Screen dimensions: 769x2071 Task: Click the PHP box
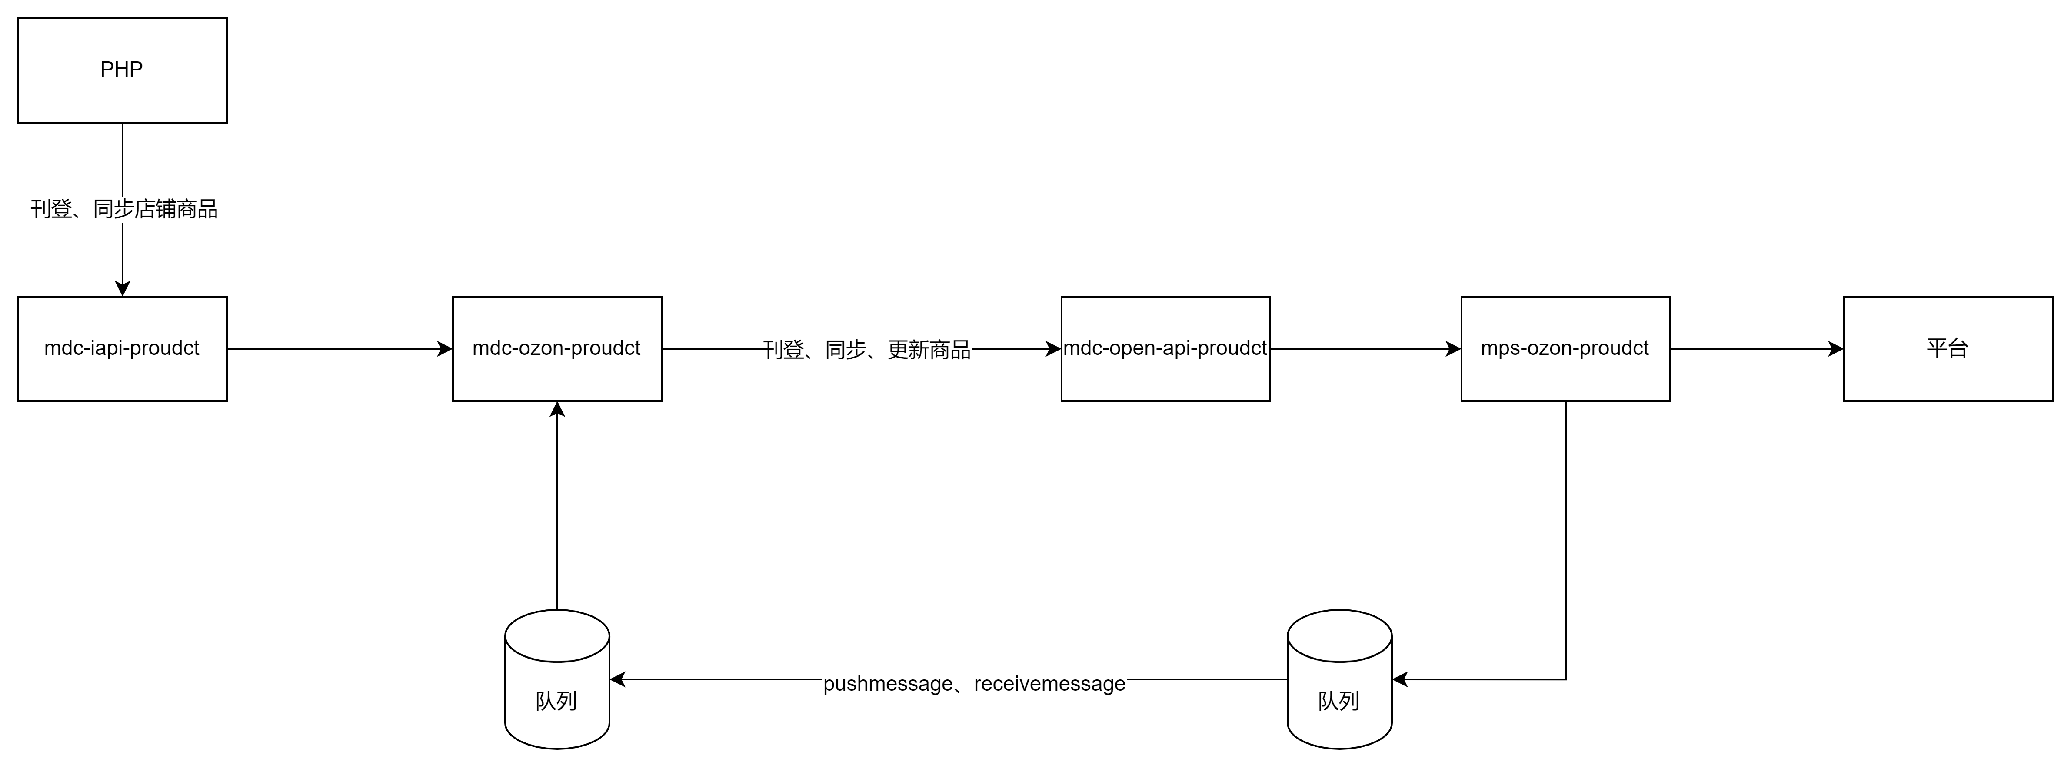point(122,70)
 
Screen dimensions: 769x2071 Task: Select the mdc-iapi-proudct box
point(122,348)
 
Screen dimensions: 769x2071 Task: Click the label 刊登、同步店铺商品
point(124,209)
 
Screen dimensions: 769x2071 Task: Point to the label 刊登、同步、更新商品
point(867,350)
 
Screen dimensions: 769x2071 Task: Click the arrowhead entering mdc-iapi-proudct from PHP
point(122,289)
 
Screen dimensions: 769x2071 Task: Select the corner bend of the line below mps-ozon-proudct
point(1565,680)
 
